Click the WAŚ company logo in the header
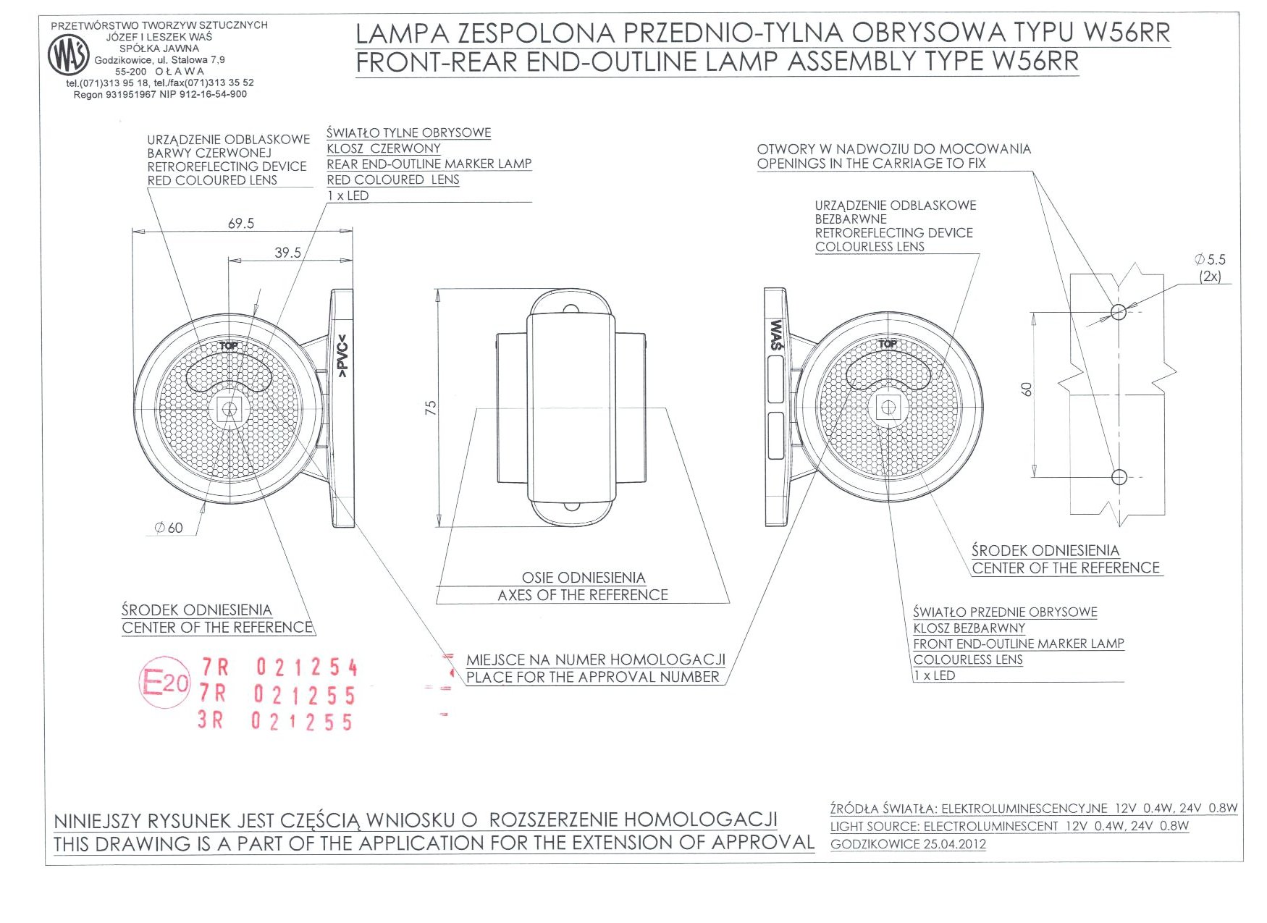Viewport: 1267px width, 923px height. pyautogui.click(x=68, y=55)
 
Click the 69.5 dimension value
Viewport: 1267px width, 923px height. pyautogui.click(x=241, y=224)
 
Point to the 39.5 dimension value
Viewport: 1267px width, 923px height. pyautogui.click(x=287, y=253)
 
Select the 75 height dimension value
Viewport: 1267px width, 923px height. pyautogui.click(x=431, y=408)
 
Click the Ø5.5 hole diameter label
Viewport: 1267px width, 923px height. pyautogui.click(x=1210, y=259)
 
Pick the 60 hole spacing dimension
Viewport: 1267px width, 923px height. pyautogui.click(x=1027, y=389)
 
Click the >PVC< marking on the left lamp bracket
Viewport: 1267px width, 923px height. pyautogui.click(x=343, y=355)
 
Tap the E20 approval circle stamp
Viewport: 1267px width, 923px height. pyautogui.click(x=164, y=682)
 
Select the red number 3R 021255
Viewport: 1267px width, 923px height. pyautogui.click(x=276, y=721)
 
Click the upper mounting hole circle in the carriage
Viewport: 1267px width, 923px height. pyautogui.click(x=1119, y=312)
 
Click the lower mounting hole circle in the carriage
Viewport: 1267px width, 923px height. pyautogui.click(x=1119, y=477)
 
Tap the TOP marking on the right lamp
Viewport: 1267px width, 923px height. pyautogui.click(x=888, y=344)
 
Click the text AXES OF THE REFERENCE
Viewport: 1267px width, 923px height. pyautogui.click(x=583, y=595)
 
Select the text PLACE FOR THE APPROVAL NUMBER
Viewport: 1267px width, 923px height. pyautogui.click(x=593, y=677)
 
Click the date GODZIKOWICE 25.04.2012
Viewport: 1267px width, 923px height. pyautogui.click(x=908, y=844)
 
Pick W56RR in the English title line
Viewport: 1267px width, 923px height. pyautogui.click(x=1035, y=62)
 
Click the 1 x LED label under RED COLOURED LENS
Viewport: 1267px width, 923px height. pyautogui.click(x=348, y=195)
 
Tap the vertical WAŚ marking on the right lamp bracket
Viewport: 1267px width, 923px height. pyautogui.click(x=776, y=335)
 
